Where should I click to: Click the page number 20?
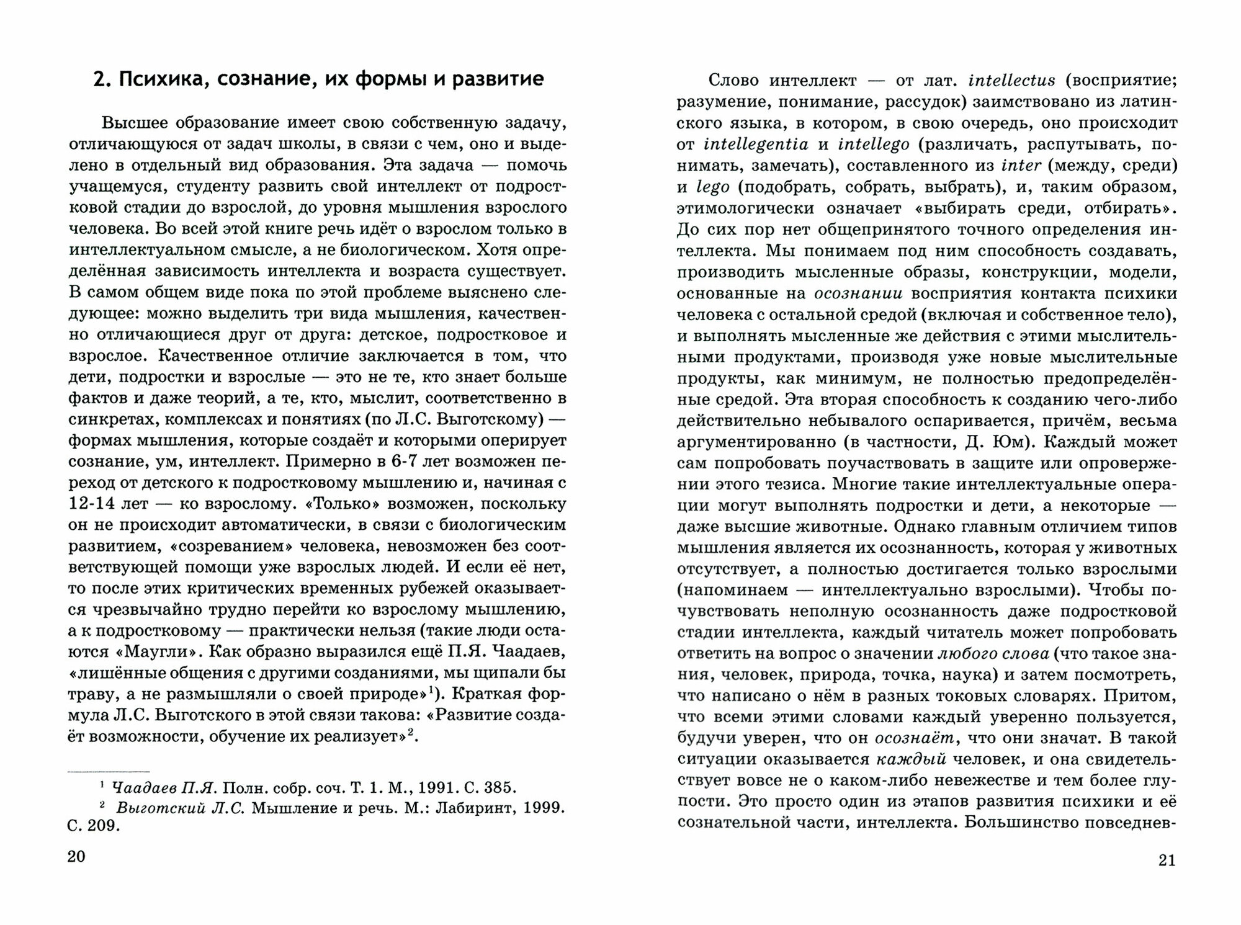point(76,857)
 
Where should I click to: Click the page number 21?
point(1167,860)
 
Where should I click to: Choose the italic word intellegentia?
point(756,145)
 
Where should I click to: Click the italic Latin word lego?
point(713,187)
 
